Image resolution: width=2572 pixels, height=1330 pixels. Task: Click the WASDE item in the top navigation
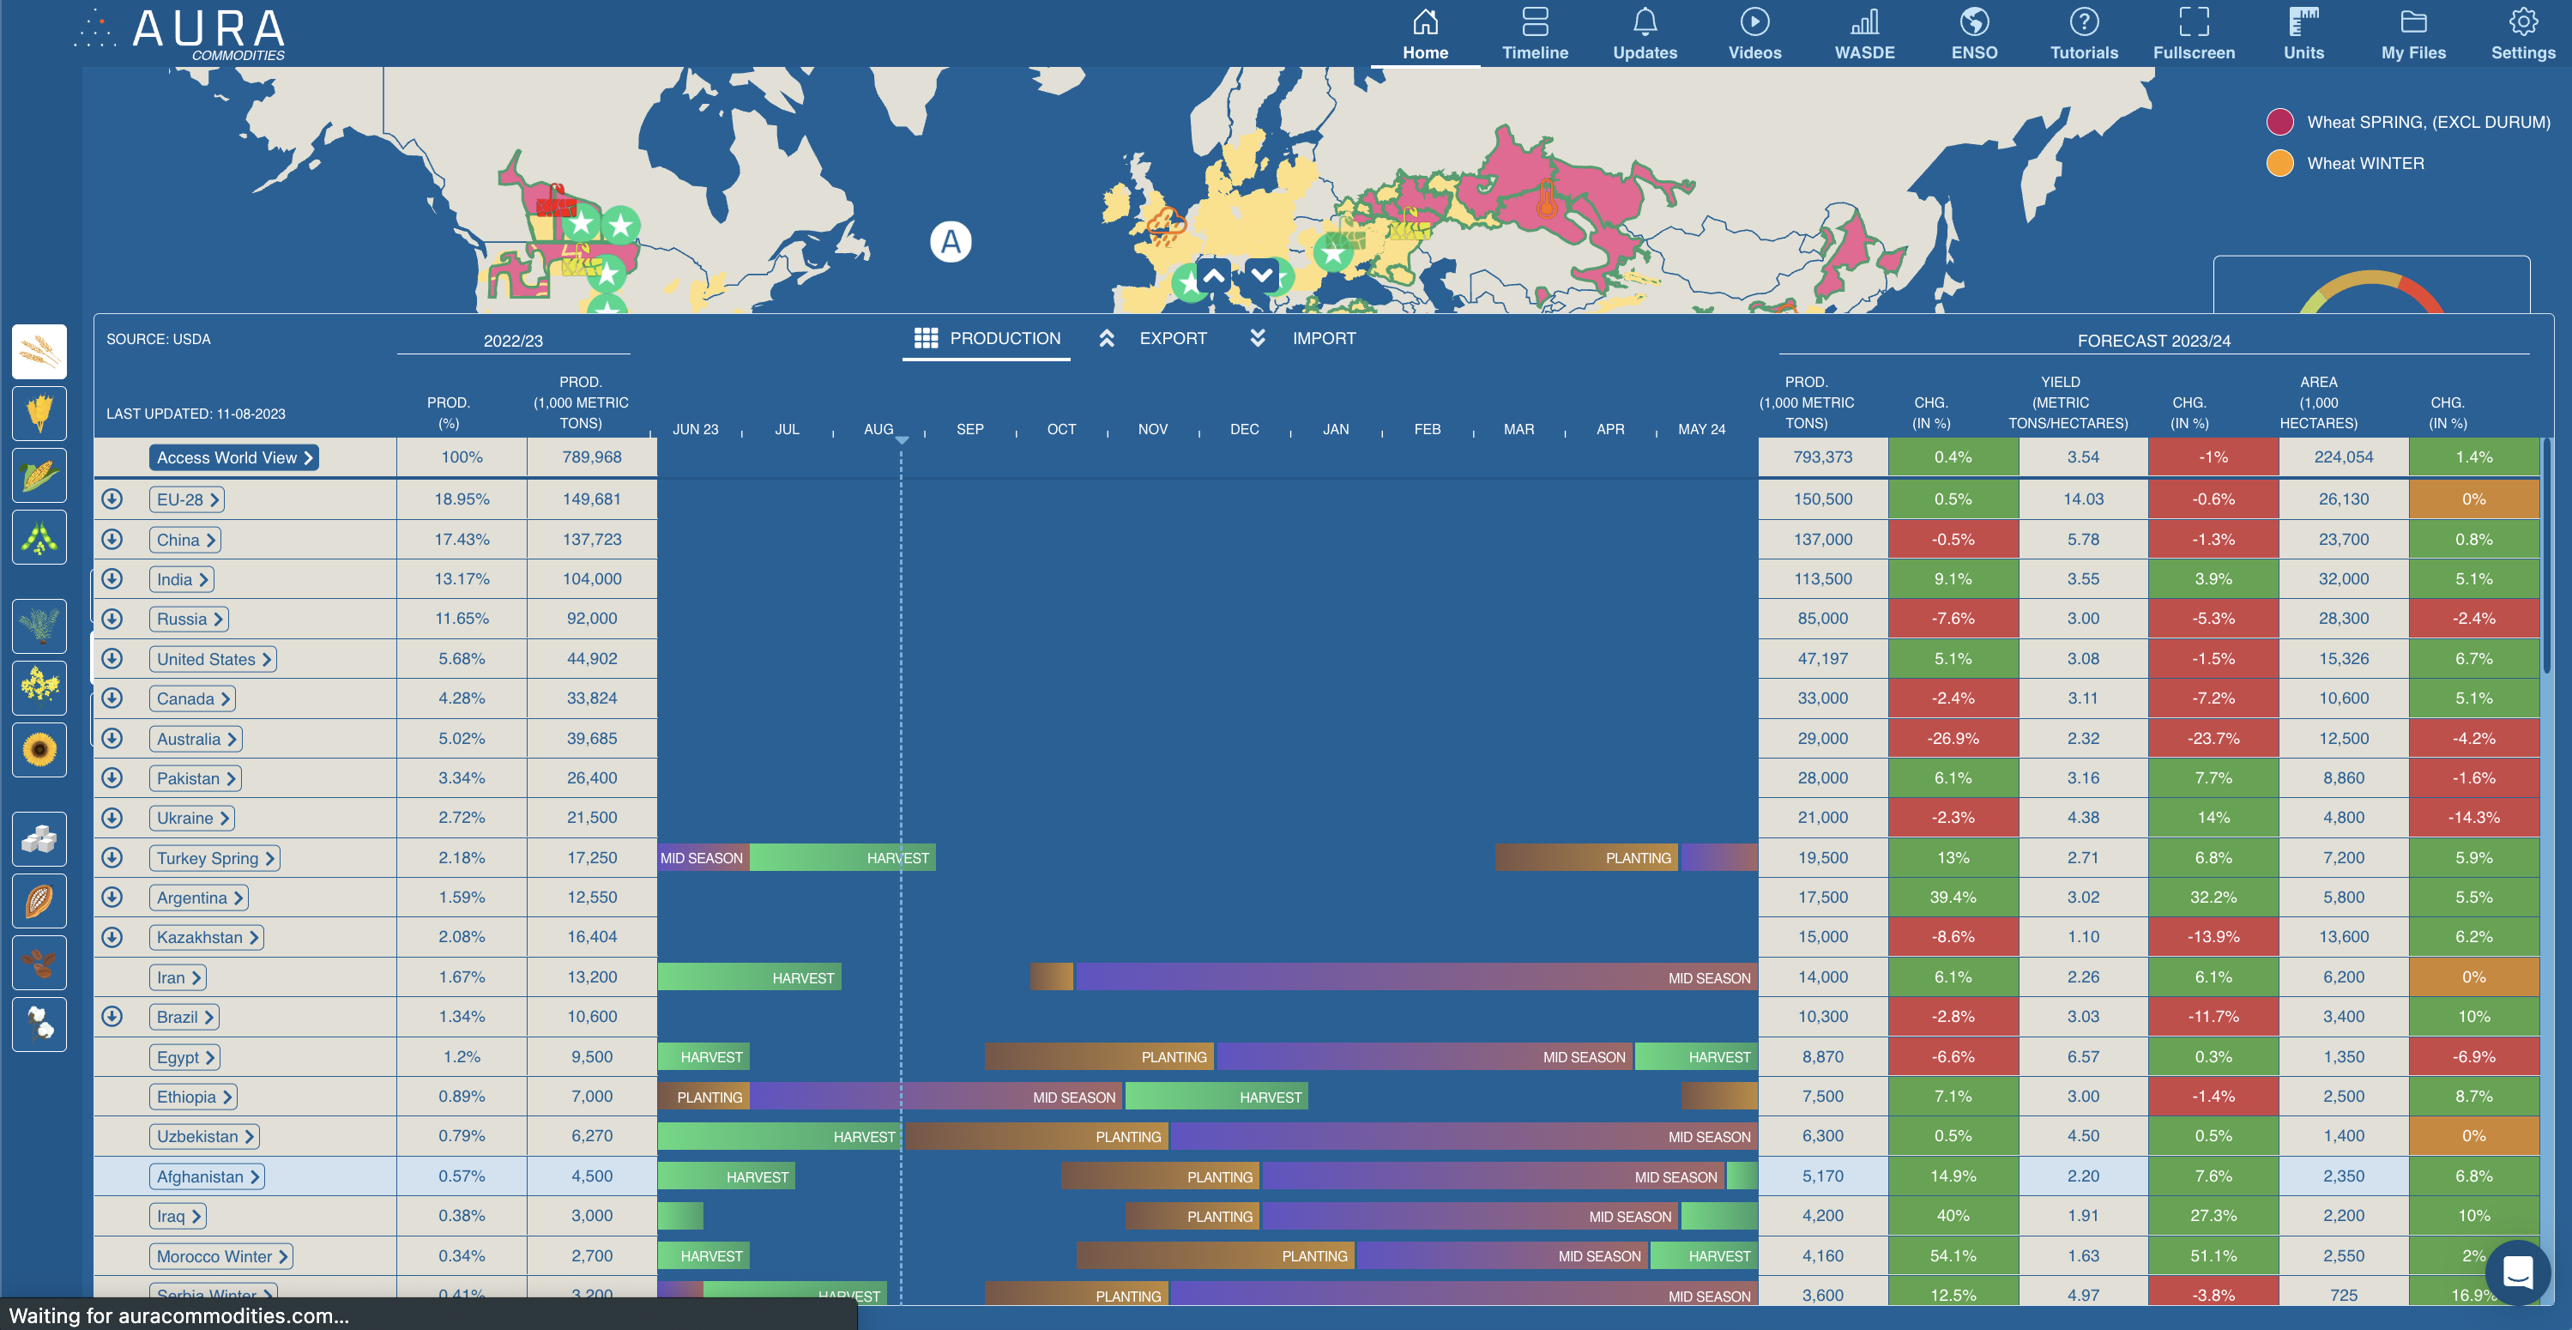pyautogui.click(x=1863, y=34)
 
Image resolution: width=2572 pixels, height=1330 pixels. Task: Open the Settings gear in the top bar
pyautogui.click(x=2522, y=34)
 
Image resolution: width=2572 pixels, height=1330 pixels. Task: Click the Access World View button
pyautogui.click(x=233, y=457)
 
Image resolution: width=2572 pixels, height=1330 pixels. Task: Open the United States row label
pyautogui.click(x=213, y=659)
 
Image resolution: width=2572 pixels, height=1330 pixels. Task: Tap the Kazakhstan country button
pyautogui.click(x=206, y=938)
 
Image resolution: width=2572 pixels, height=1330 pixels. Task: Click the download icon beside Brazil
pyautogui.click(x=112, y=1017)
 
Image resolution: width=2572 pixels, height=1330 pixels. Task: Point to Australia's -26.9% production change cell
pyautogui.click(x=1952, y=739)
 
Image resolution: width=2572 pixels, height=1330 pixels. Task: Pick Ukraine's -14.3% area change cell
pyautogui.click(x=2473, y=818)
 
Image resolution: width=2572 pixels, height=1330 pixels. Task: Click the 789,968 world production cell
pyautogui.click(x=591, y=457)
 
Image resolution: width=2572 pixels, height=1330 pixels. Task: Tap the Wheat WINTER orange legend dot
pyautogui.click(x=2279, y=163)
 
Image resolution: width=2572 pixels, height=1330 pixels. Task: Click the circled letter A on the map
pyautogui.click(x=951, y=242)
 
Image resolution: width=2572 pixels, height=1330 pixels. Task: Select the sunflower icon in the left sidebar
pyautogui.click(x=39, y=749)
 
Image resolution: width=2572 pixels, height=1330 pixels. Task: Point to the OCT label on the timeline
pyautogui.click(x=1061, y=429)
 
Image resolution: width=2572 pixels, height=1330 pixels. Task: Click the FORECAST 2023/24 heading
pyautogui.click(x=2153, y=341)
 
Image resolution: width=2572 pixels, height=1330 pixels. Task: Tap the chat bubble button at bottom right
pyautogui.click(x=2517, y=1273)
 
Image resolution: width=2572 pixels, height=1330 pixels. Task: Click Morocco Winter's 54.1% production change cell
pyautogui.click(x=1952, y=1256)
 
